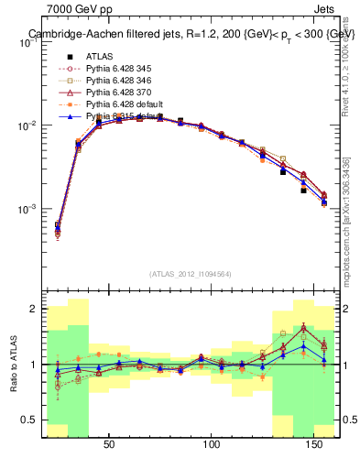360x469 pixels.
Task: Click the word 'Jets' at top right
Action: point(324,8)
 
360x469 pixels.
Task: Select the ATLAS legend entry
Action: point(100,56)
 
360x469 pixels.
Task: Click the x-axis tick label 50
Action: point(109,445)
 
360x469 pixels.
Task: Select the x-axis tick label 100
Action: point(213,445)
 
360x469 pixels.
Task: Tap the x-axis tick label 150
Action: point(315,445)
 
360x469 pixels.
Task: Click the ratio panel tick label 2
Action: point(32,310)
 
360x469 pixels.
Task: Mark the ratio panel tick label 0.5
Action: point(28,420)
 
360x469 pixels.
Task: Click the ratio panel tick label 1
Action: point(32,365)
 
